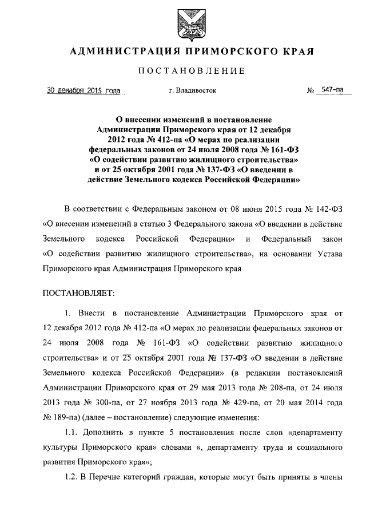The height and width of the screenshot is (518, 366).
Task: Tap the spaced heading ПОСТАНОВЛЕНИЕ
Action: (192, 71)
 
